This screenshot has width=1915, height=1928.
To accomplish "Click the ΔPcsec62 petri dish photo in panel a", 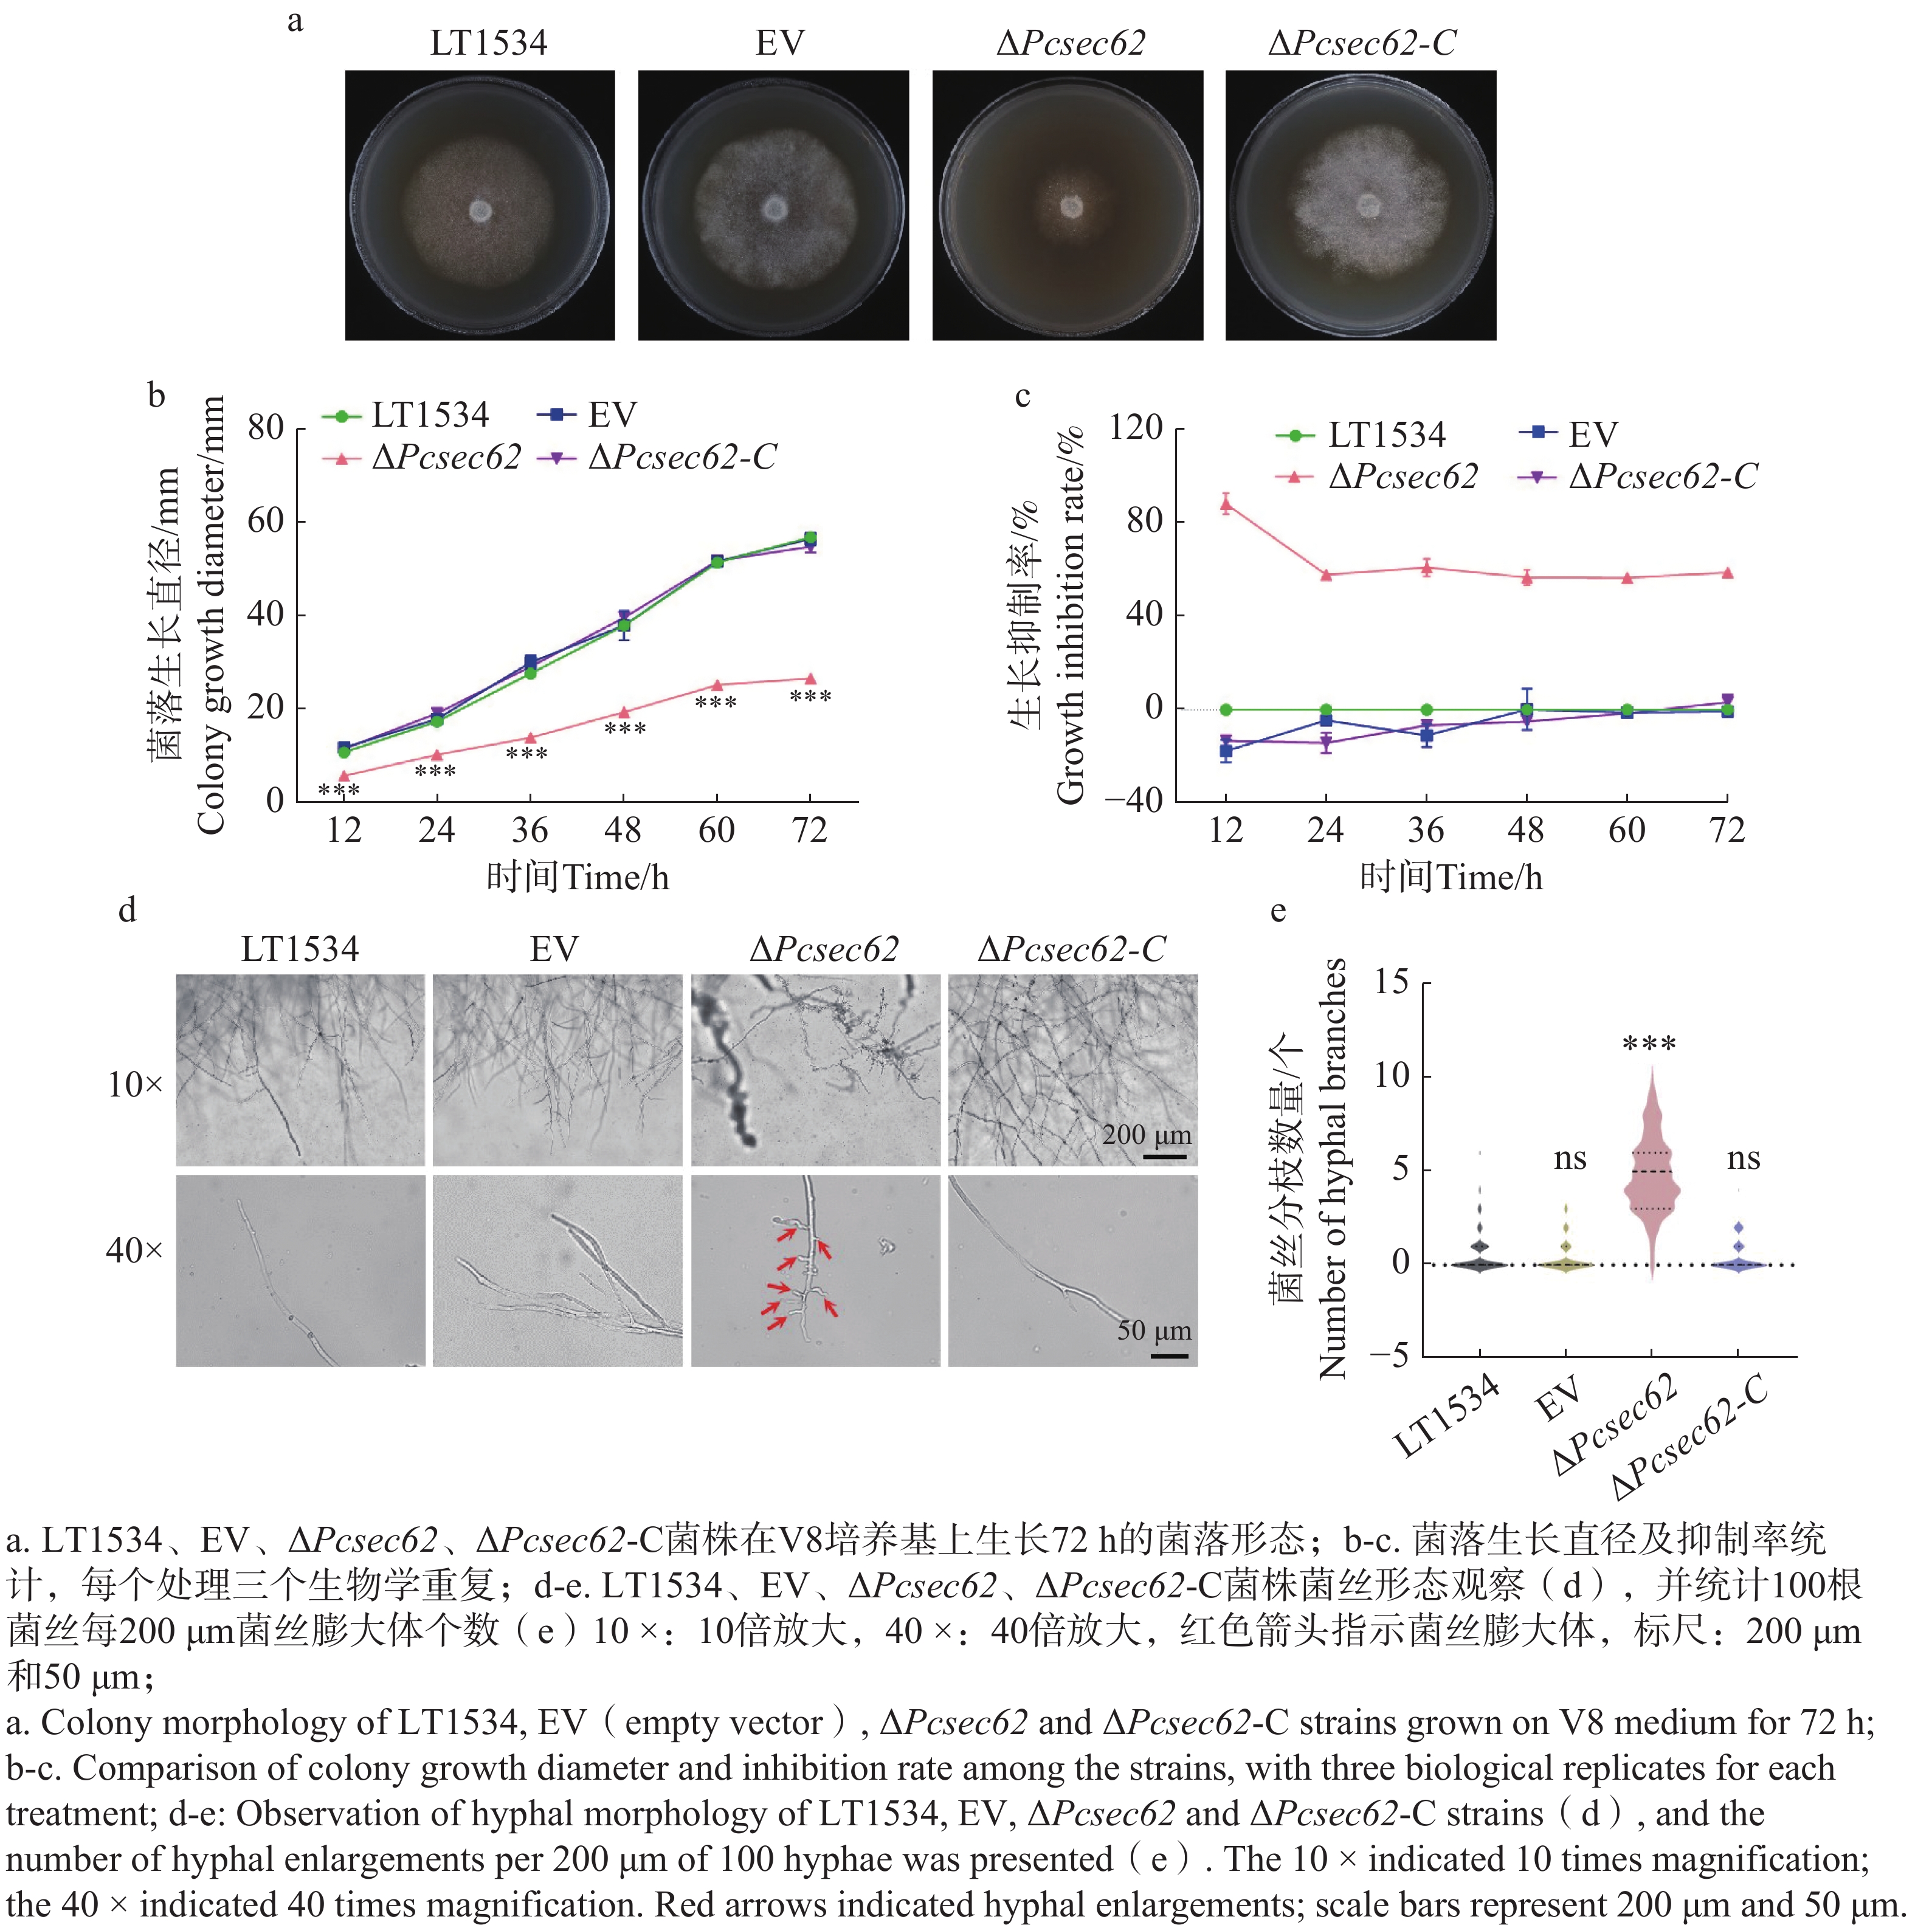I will coord(1067,205).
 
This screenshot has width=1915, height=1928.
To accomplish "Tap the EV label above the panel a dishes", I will coord(779,43).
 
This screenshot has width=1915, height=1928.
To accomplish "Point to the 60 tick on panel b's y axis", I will coord(266,521).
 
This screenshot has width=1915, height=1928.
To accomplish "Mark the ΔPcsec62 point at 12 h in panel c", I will coord(1226,504).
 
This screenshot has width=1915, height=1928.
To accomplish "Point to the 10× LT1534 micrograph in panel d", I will coord(300,1070).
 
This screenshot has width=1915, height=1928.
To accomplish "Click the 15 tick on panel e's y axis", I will coord(1391,983).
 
